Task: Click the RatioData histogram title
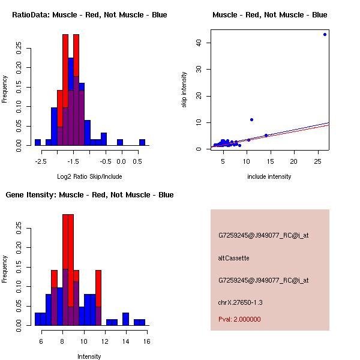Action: click(x=89, y=15)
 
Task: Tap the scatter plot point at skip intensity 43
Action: click(x=325, y=34)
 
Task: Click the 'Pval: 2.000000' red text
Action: click(x=239, y=319)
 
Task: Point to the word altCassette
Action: click(x=233, y=258)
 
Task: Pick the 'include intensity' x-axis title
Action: click(x=269, y=176)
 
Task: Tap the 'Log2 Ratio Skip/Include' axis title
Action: click(x=89, y=176)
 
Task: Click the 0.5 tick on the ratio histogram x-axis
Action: click(x=137, y=161)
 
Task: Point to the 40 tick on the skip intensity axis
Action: click(x=198, y=43)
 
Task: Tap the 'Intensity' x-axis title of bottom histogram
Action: click(x=89, y=356)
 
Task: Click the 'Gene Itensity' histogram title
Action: click(x=89, y=195)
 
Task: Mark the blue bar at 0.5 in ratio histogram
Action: click(x=142, y=142)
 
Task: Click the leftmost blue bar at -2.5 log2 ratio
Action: click(x=38, y=142)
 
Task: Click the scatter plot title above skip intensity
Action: click(x=269, y=15)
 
